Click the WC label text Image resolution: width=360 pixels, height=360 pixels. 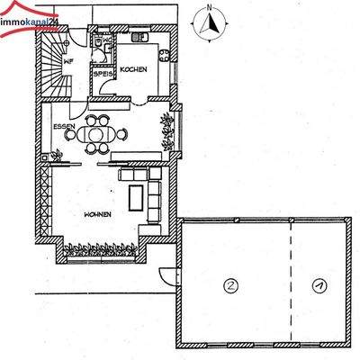(107, 40)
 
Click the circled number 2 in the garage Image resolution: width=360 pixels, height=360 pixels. (231, 285)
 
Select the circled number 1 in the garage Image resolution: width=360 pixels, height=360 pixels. (317, 285)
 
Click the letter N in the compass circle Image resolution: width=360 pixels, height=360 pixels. (209, 7)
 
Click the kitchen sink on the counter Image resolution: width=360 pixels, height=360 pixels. (140, 40)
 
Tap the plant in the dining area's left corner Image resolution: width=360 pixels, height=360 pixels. (57, 157)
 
